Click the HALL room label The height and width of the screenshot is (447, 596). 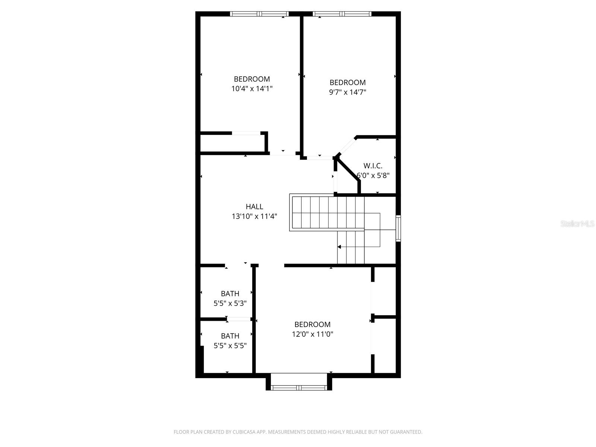[x=254, y=206]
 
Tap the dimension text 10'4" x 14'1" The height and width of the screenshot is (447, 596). [x=252, y=89]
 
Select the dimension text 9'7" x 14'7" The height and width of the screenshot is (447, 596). [x=348, y=92]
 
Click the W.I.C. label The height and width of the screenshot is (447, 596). [x=373, y=166]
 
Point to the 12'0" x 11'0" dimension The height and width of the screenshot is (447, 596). [x=312, y=334]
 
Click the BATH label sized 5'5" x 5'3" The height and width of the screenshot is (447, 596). [x=230, y=294]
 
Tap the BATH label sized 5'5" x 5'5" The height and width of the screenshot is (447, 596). [x=230, y=336]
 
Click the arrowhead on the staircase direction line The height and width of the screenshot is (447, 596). [x=339, y=247]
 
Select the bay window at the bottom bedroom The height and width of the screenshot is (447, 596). [x=298, y=387]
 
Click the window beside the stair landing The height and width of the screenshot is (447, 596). [x=398, y=228]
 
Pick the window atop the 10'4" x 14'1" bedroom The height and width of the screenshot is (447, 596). [x=259, y=14]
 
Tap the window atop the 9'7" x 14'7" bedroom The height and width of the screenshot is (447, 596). [x=342, y=14]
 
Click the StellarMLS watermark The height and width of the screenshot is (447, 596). [x=577, y=224]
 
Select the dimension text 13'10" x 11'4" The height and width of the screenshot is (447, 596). [x=254, y=216]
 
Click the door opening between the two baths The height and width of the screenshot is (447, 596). [x=239, y=319]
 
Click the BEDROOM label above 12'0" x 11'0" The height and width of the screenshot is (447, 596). [x=312, y=324]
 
